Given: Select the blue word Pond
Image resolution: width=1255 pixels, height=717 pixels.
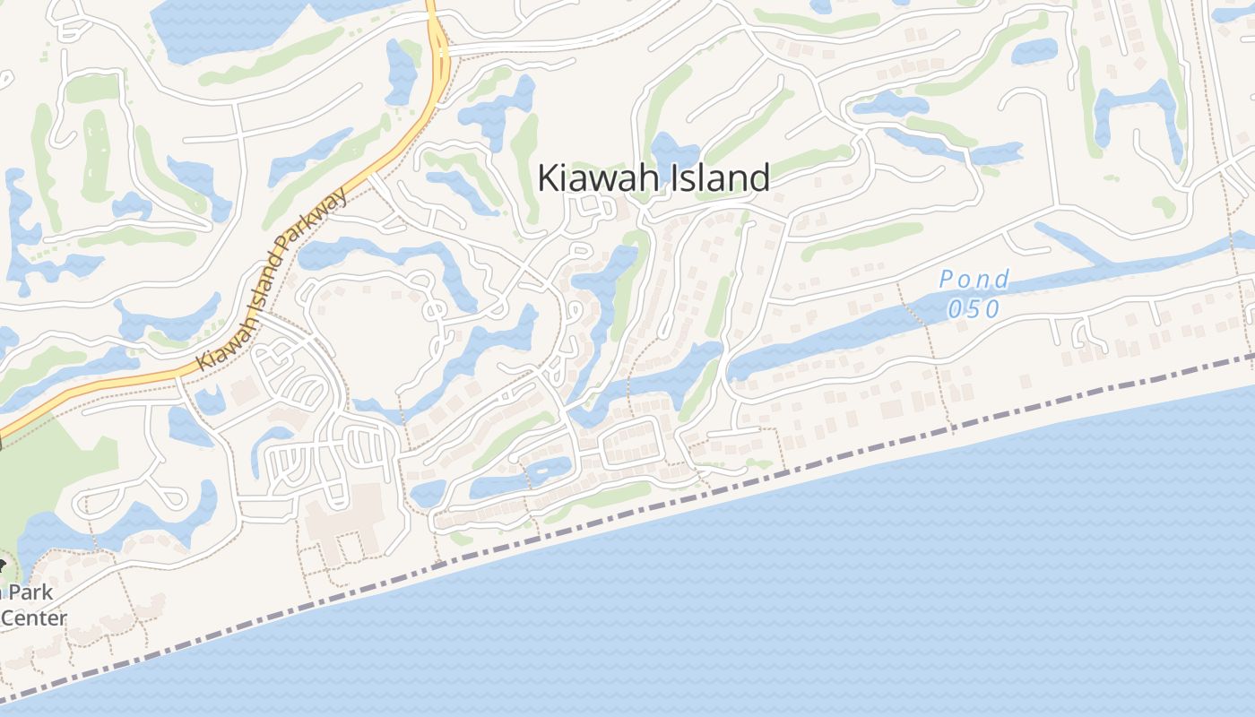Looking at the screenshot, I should [974, 280].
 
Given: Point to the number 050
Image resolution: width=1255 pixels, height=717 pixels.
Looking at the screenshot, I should [974, 308].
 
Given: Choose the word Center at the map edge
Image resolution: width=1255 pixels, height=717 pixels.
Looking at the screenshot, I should [34, 618].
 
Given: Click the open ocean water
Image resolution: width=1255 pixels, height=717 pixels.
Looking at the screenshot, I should [896, 583].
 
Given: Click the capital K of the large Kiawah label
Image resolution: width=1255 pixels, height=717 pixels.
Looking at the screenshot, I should [547, 177].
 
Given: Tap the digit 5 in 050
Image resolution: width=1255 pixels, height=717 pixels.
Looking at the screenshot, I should [974, 308].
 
